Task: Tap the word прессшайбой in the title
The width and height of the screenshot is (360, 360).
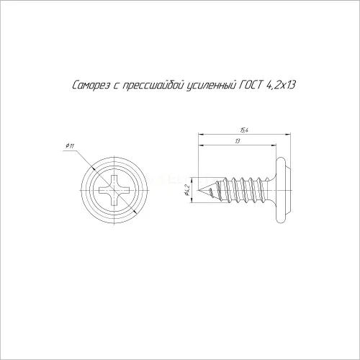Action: click(153, 86)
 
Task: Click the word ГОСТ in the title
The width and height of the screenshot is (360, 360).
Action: click(249, 85)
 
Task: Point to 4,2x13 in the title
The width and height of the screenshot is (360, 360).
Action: click(280, 86)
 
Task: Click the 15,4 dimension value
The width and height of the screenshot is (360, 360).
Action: click(243, 130)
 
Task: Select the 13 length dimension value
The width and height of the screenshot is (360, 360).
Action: click(238, 141)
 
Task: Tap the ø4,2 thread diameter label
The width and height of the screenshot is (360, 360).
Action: click(188, 190)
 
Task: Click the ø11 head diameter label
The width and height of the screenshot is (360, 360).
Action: click(70, 145)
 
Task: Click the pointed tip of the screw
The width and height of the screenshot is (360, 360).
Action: click(198, 190)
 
